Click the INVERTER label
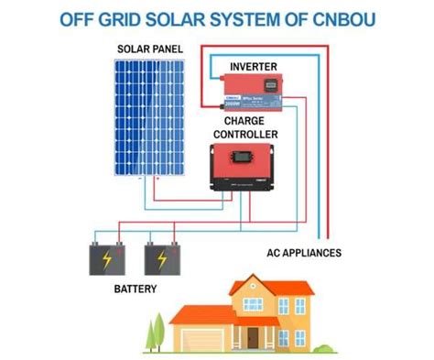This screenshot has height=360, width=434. (x=254, y=66)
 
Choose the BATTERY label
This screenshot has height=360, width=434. (x=135, y=289)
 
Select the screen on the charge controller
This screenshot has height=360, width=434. (x=243, y=157)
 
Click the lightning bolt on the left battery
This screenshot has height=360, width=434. (x=109, y=259)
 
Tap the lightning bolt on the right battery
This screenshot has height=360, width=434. (x=162, y=259)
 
